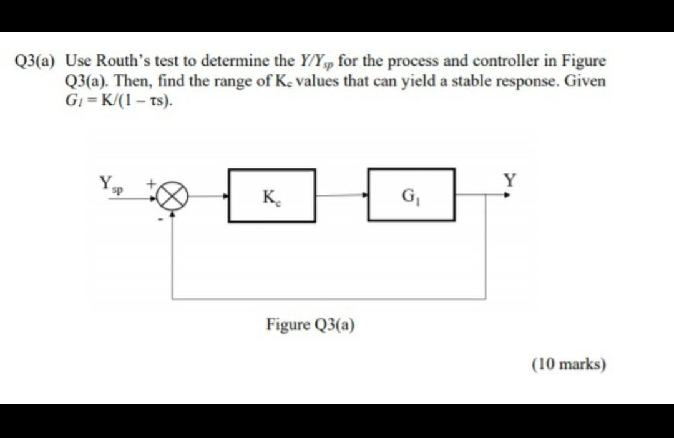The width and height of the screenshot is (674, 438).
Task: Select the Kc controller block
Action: click(x=271, y=195)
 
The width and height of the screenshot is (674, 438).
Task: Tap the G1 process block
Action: click(x=411, y=195)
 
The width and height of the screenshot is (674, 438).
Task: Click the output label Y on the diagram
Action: click(x=510, y=182)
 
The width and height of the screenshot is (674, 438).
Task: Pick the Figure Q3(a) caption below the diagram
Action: click(x=311, y=325)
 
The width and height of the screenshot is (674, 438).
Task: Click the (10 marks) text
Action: click(x=569, y=364)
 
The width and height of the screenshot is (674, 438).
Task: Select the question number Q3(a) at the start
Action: click(x=35, y=62)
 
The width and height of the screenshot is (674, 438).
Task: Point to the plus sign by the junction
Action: click(x=150, y=184)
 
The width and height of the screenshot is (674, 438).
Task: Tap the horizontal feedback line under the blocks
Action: click(x=329, y=299)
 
